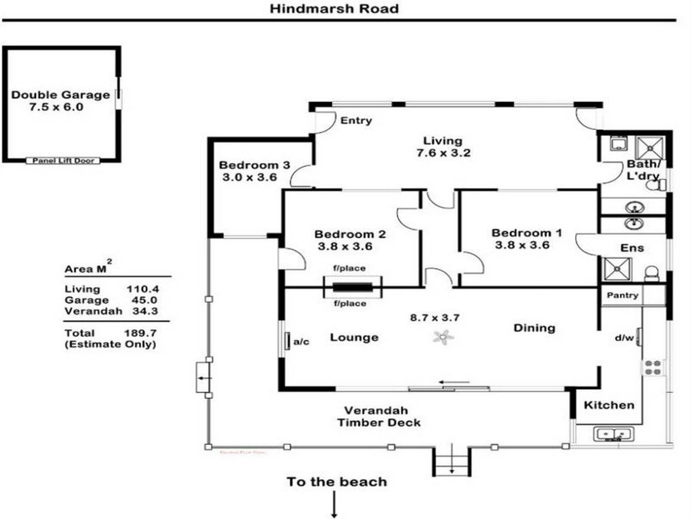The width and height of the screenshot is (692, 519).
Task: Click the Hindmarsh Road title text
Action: tap(334, 9)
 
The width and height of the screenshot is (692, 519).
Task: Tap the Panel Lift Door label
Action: tap(63, 161)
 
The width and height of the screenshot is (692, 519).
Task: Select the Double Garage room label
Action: tap(60, 95)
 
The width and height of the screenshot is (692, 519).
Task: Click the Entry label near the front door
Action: tap(356, 121)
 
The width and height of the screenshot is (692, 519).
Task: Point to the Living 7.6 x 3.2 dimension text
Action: tap(443, 153)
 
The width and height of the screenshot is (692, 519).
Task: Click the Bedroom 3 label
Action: tap(254, 165)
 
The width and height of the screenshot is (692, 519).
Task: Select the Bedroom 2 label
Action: tap(350, 234)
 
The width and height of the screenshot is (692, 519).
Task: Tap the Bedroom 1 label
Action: tap(526, 233)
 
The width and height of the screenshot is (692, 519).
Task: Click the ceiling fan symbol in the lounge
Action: tap(443, 337)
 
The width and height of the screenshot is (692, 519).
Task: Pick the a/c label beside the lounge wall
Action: tap(301, 342)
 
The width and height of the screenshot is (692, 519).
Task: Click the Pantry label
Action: tap(622, 295)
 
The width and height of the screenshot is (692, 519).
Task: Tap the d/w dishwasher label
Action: tap(624, 338)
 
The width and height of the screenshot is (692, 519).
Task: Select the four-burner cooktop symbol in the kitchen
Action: tap(652, 367)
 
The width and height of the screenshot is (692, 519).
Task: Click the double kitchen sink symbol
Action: tap(614, 434)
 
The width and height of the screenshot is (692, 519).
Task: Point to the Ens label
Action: tap(632, 248)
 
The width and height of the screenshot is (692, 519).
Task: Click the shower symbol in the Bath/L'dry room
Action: tap(650, 148)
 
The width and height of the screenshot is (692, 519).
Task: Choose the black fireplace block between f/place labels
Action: tap(352, 288)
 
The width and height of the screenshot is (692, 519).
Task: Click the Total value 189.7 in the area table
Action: tap(140, 333)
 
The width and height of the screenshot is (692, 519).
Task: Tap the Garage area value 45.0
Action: tap(144, 300)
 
